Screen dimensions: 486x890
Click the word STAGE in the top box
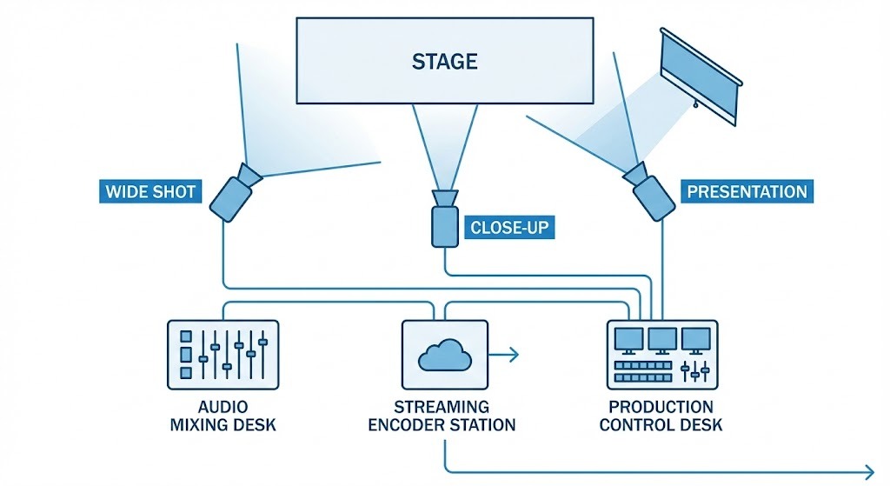point(444,62)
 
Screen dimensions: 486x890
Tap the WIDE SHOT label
point(149,191)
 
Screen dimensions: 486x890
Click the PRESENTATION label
point(747,191)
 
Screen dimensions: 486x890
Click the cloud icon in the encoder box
point(444,355)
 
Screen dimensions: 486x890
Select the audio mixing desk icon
point(222,354)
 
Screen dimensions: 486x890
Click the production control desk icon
point(661,354)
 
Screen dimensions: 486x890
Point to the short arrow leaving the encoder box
point(504,354)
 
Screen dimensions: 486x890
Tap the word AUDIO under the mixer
point(222,407)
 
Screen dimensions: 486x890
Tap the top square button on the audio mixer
point(184,336)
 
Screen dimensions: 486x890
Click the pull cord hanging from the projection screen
point(694,105)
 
